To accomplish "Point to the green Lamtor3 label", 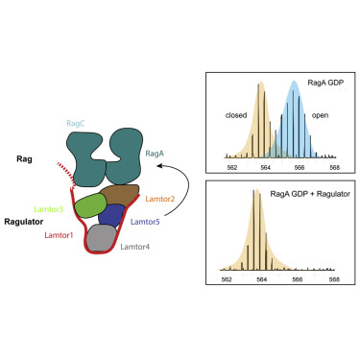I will click(48, 208).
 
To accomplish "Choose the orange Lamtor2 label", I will click(159, 198).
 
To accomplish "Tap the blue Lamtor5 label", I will click(145, 222).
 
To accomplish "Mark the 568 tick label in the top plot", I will click(333, 164).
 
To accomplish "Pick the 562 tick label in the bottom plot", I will click(227, 280).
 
